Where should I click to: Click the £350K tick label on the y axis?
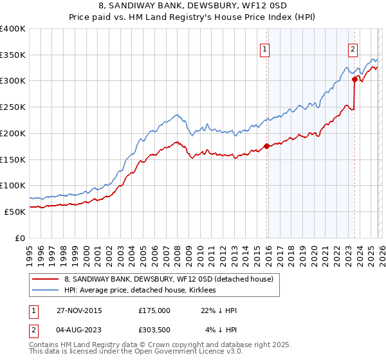(13, 55)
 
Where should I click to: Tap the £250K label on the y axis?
(13, 107)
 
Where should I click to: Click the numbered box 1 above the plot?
(265, 48)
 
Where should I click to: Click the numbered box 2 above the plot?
(353, 48)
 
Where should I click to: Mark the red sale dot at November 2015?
(266, 146)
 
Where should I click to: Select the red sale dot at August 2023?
(354, 79)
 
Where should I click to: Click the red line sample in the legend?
(46, 279)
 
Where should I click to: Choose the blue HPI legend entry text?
(140, 290)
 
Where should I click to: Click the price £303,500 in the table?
(154, 330)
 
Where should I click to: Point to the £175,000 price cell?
(154, 310)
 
